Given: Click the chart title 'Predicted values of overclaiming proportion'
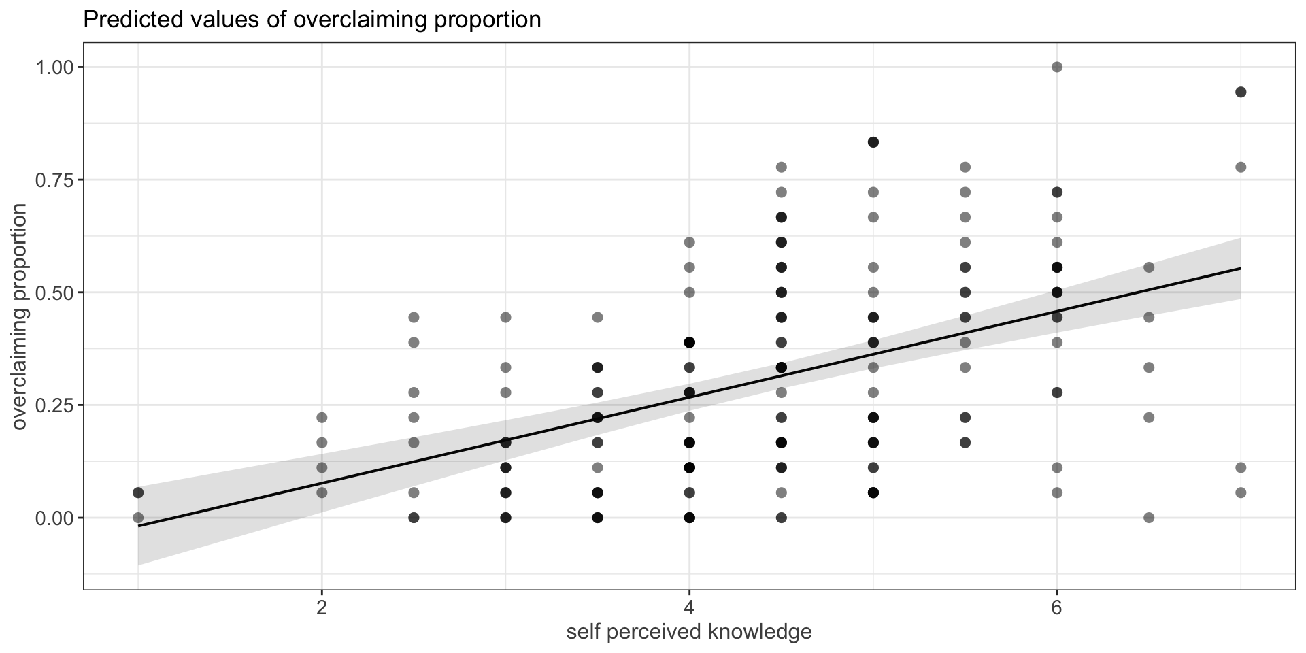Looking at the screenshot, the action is [x=312, y=20].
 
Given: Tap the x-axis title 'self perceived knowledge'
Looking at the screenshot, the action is [x=689, y=632].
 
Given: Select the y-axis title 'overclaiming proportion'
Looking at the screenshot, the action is [x=20, y=316].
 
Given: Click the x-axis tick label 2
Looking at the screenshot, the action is [x=322, y=607].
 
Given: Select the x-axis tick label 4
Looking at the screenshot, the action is [x=689, y=607].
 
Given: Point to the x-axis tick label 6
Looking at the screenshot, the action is [x=1056, y=607].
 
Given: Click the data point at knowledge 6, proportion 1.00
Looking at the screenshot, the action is [x=1057, y=67].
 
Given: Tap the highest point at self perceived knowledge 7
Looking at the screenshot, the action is [x=1241, y=93].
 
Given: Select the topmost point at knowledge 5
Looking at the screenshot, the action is [x=873, y=142].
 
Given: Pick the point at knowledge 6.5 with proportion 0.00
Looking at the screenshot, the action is [x=1149, y=518].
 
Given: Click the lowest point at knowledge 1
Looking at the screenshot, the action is [x=138, y=518].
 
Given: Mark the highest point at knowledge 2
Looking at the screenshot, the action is [x=322, y=417].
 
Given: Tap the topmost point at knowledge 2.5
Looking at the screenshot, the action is [x=414, y=317].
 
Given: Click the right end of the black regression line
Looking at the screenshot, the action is [x=1241, y=268].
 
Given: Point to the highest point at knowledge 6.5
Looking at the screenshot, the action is [x=1149, y=267].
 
